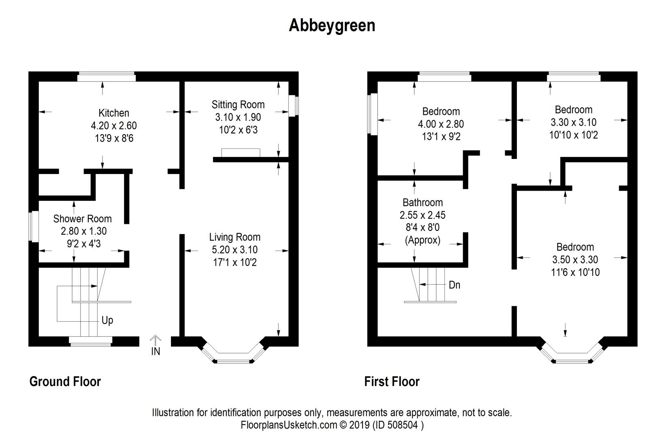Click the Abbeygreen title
tap(332, 26)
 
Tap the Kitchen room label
tap(114, 113)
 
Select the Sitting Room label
tap(238, 105)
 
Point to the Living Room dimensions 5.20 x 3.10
tap(235, 249)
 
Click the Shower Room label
tap(82, 219)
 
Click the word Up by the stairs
tap(107, 320)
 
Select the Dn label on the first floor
tap(455, 285)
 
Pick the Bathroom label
tap(423, 202)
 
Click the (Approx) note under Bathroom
tap(423, 240)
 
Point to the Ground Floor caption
tap(65, 382)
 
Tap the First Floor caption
tap(392, 382)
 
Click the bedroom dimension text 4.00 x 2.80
tap(441, 124)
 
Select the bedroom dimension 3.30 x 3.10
tap(574, 122)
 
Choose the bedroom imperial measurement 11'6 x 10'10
tap(575, 272)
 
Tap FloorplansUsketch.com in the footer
tap(289, 425)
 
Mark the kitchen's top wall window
tap(107, 77)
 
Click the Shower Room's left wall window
tap(34, 226)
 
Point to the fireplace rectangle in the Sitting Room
tap(241, 153)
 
